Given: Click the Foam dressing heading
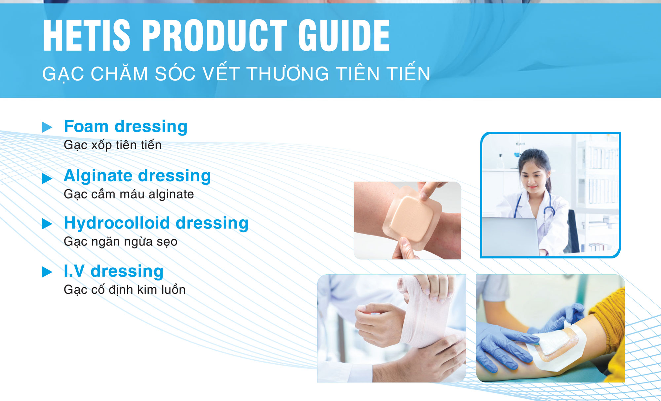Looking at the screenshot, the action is click(x=126, y=127).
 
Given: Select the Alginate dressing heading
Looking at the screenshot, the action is click(x=137, y=176).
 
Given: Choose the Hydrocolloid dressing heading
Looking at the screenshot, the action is click(x=156, y=223).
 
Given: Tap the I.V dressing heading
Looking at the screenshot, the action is click(x=114, y=271).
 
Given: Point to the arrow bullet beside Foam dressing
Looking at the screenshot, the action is click(x=47, y=127).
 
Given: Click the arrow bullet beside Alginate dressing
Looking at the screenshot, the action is click(x=47, y=178).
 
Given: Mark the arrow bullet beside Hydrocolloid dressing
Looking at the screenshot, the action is click(x=47, y=224).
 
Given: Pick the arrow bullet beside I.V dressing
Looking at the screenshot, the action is click(x=47, y=272).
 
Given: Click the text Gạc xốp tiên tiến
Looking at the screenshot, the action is click(x=113, y=145).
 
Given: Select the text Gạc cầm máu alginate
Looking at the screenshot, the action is click(x=129, y=194).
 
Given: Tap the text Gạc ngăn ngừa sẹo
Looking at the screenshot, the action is click(x=121, y=242).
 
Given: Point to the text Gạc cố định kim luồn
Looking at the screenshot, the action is click(x=125, y=290).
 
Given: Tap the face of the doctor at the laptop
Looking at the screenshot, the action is click(x=533, y=179).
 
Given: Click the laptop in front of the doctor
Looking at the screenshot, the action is click(x=511, y=237).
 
